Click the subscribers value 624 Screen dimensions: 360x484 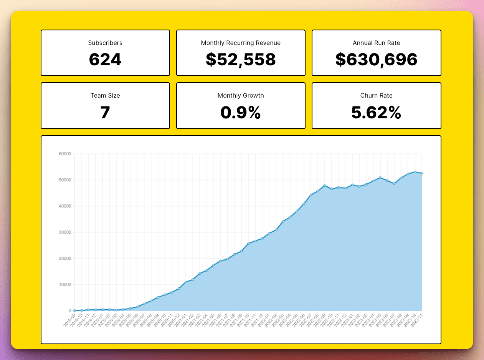pyautogui.click(x=105, y=60)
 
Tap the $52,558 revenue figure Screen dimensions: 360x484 pyautogui.click(x=241, y=60)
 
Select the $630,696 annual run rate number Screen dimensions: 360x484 pyautogui.click(x=376, y=60)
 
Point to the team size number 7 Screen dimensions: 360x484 pyautogui.click(x=105, y=113)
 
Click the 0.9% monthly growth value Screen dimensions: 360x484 pyautogui.click(x=241, y=113)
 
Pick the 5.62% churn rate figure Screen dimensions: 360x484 pyautogui.click(x=376, y=113)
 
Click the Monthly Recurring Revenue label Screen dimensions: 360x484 pyautogui.click(x=241, y=43)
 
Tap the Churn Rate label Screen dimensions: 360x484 pyautogui.click(x=376, y=96)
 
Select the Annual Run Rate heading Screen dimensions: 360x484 pyautogui.click(x=376, y=43)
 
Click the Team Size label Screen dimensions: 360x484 pyautogui.click(x=105, y=96)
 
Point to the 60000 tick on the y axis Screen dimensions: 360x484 pyautogui.click(x=65, y=154)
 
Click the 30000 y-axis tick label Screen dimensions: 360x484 pyautogui.click(x=65, y=232)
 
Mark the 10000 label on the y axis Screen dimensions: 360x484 pyautogui.click(x=65, y=285)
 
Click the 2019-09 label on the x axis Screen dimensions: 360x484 pyautogui.click(x=69, y=320)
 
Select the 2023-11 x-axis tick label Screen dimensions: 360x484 pyautogui.click(x=417, y=320)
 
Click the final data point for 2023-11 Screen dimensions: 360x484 pyautogui.click(x=422, y=173)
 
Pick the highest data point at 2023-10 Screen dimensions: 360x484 pyautogui.click(x=415, y=172)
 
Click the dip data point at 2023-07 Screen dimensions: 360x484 pyautogui.click(x=394, y=184)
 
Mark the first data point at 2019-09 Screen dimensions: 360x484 pyautogui.click(x=75, y=310)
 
